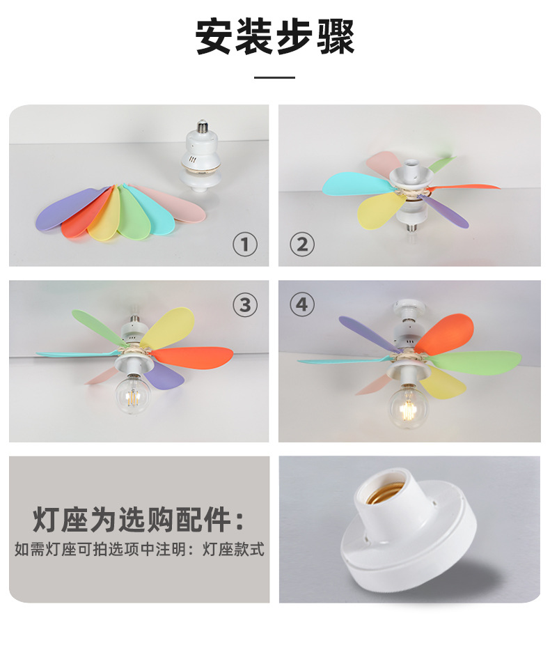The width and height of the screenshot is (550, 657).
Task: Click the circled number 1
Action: click(x=245, y=245)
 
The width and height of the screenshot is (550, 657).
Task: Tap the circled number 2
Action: click(x=301, y=245)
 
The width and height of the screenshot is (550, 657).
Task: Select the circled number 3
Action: click(x=245, y=304)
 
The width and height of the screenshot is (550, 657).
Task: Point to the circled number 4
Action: click(x=301, y=304)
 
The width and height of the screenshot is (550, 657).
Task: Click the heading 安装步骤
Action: click(x=275, y=37)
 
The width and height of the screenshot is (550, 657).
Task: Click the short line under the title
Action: click(x=274, y=77)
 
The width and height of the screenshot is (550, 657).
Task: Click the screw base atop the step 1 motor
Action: click(x=203, y=125)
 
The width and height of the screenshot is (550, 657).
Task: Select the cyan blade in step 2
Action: click(x=356, y=183)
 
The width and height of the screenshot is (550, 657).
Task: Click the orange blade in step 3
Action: click(x=194, y=357)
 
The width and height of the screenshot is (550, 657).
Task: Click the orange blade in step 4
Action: click(x=446, y=334)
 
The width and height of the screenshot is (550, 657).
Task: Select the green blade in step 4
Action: click(x=477, y=362)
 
